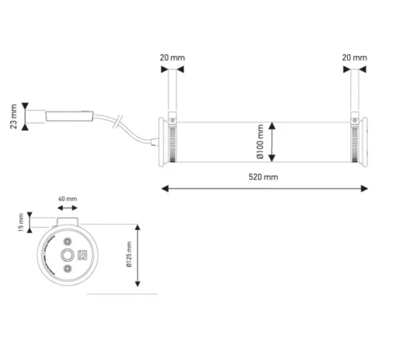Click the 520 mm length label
pos(263,177)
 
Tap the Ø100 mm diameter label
pos(260,142)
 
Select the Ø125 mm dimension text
pos(129,255)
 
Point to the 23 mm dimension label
pos(13,116)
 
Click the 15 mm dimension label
pos(21,222)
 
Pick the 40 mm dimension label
pos(67,199)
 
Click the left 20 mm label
pos(172,58)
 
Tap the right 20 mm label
pos(355,58)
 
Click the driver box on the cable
pos(70,116)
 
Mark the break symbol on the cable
pos(118,122)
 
